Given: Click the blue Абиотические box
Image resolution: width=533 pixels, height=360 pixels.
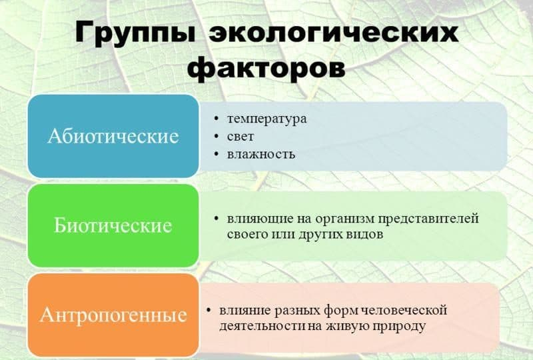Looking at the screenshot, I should coord(113,136).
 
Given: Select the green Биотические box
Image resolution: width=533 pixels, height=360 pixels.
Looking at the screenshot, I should coord(113,225).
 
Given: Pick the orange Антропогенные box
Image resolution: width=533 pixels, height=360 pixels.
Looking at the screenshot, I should coord(113,315).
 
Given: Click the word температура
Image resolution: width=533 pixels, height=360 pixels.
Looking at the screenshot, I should coord(266,119).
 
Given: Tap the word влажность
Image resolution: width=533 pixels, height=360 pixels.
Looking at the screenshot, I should coord(261,154).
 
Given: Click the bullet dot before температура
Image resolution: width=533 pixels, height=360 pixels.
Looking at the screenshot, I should coord(217,119).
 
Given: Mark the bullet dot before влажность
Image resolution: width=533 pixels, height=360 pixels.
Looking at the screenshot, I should coord(217,154).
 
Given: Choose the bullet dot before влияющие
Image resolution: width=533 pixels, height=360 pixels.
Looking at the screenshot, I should coord(217,219).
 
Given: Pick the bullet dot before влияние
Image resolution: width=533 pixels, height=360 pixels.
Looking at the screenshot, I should coord(209,310).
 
